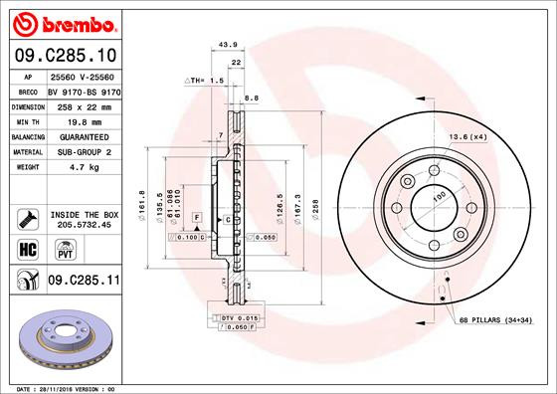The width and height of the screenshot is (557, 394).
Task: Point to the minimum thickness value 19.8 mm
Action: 73,120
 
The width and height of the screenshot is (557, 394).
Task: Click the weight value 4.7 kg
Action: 69,167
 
